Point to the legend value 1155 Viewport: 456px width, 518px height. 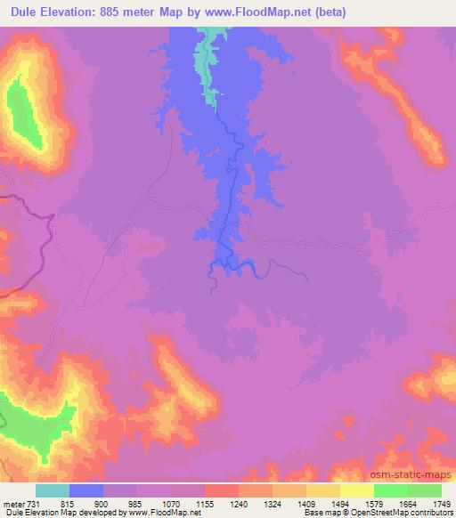pyautogui.click(x=204, y=502)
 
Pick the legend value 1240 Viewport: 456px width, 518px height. pyautogui.click(x=239, y=502)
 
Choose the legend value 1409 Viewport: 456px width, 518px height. pyautogui.click(x=306, y=502)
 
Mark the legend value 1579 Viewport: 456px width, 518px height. pyautogui.click(x=374, y=502)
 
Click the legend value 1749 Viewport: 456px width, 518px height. pyautogui.click(x=441, y=502)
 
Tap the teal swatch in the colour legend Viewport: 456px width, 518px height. pyautogui.click(x=53, y=490)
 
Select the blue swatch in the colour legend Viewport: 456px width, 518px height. pyautogui.click(x=86, y=490)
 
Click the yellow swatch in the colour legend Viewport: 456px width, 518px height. pyautogui.click(x=323, y=490)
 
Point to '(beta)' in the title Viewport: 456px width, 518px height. pyautogui.click(x=329, y=12)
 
